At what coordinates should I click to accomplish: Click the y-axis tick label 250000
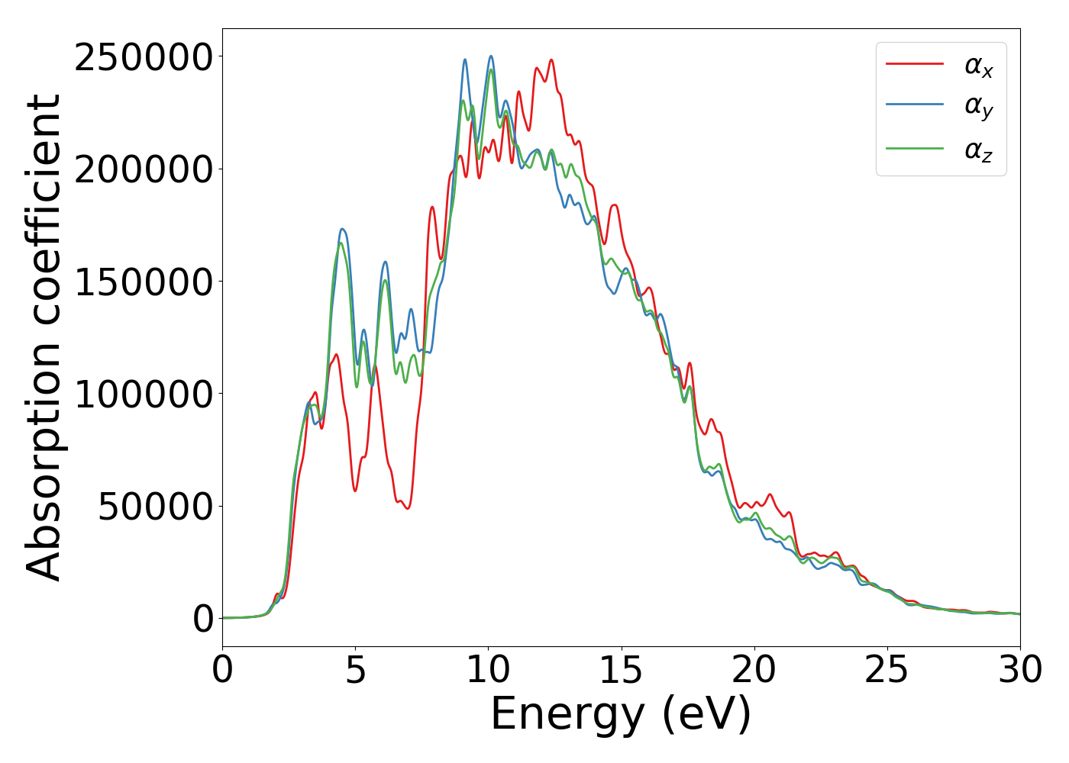coord(143,57)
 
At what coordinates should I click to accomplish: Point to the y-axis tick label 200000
coord(143,169)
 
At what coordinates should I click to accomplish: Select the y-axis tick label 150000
coord(143,282)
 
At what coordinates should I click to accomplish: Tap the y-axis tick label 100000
coord(143,394)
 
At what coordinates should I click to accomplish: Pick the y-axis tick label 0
coord(203,619)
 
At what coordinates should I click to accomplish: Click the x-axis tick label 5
coord(355,671)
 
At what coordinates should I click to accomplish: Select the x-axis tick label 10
coord(488,671)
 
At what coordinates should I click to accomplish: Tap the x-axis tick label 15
coord(621,671)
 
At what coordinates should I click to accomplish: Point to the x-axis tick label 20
coord(754,671)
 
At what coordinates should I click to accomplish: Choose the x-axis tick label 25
coord(887,671)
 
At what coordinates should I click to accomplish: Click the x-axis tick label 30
coord(1019,671)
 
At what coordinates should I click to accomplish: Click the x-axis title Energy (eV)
coord(621,715)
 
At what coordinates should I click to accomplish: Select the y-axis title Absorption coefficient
coord(44,337)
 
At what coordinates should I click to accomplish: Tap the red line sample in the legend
coord(914,65)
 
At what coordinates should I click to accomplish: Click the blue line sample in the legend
coord(914,107)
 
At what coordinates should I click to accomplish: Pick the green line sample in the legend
coord(914,149)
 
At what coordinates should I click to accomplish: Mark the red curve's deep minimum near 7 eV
coord(408,508)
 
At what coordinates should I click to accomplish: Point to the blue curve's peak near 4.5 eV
coord(343,229)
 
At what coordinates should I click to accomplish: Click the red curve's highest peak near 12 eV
coord(551,60)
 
